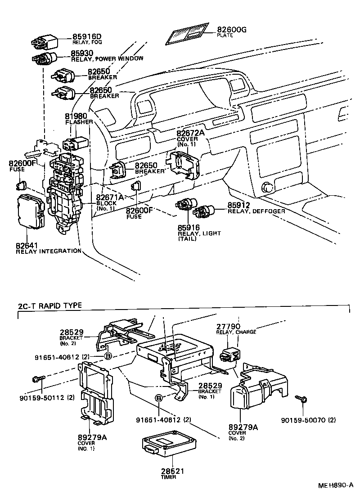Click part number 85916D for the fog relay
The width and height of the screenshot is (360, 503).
coord(87,36)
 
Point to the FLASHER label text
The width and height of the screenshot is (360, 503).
coord(79,122)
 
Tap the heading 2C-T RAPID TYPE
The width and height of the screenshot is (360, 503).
coord(50,305)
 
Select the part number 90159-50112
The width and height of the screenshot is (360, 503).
coord(42,397)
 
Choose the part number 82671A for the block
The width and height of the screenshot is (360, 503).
coord(110,197)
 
